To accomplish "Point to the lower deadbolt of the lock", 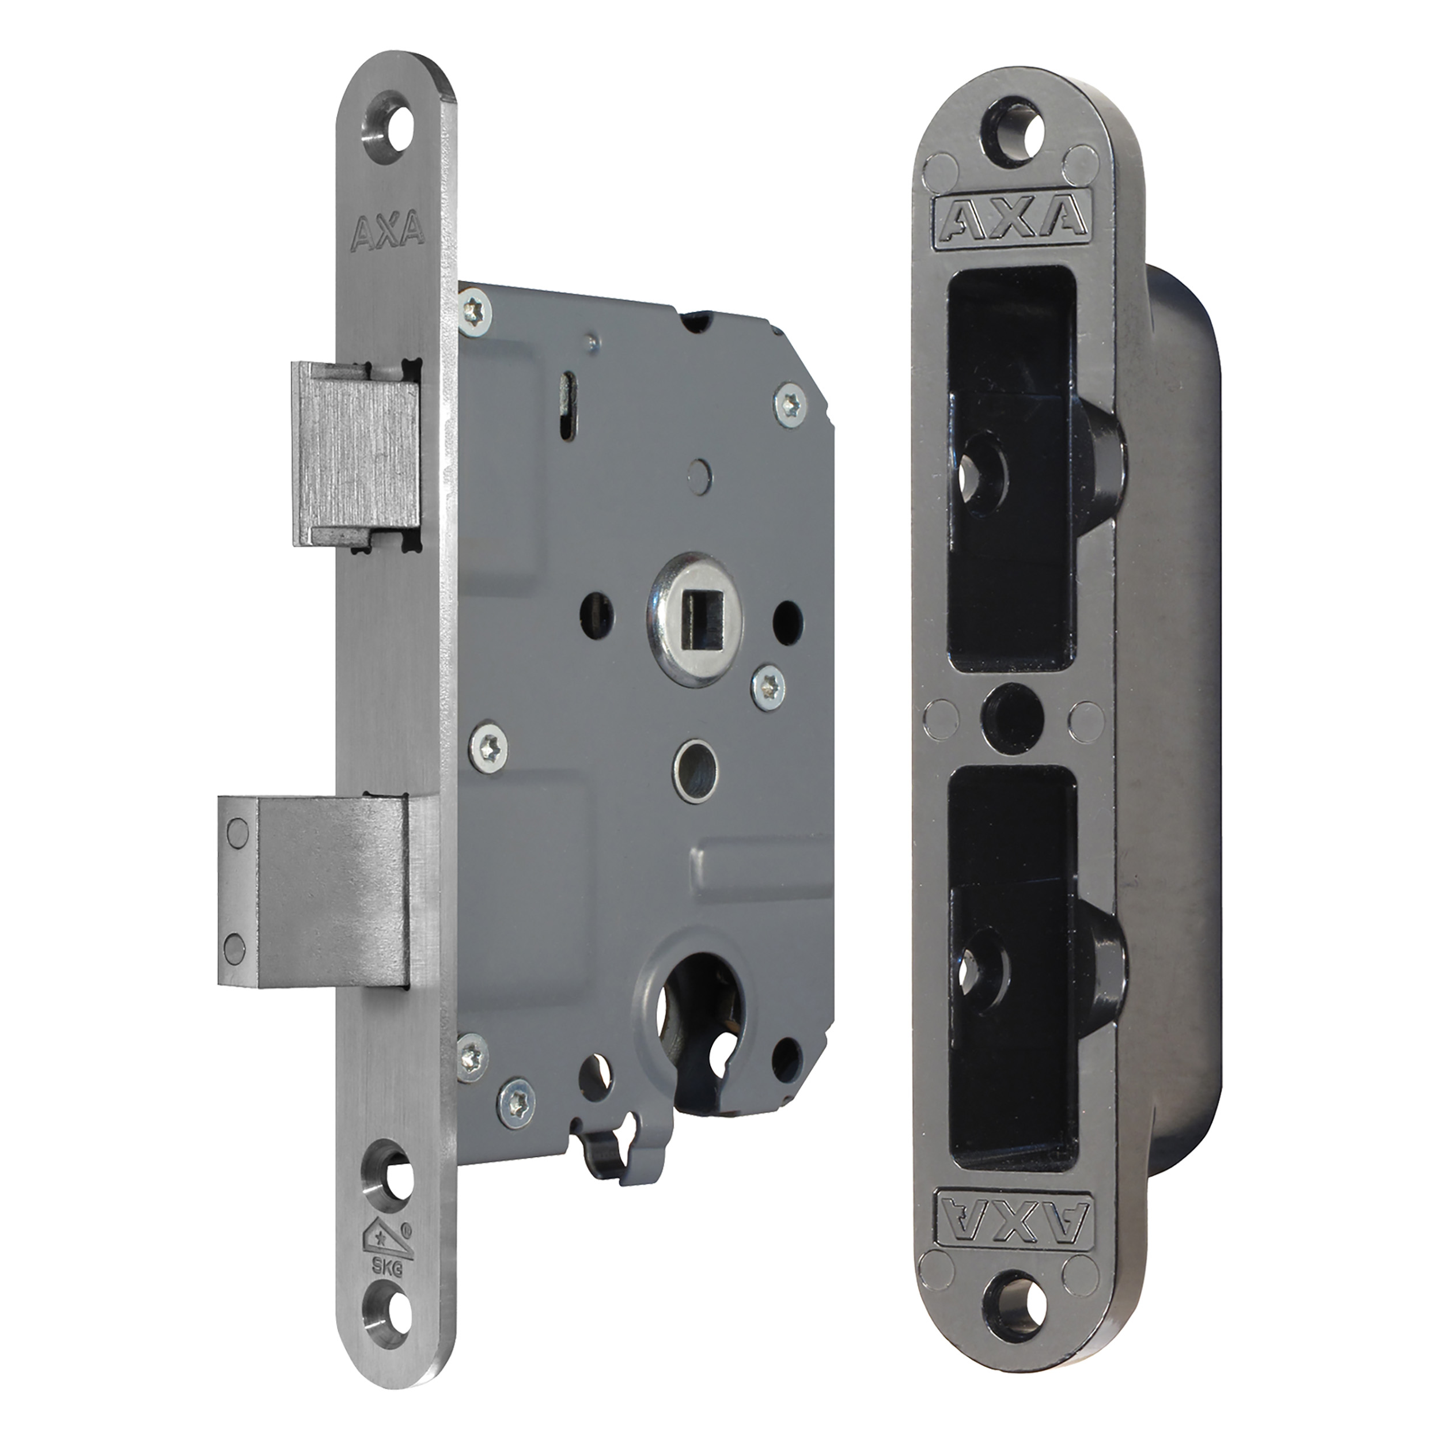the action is pyautogui.click(x=313, y=893).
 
